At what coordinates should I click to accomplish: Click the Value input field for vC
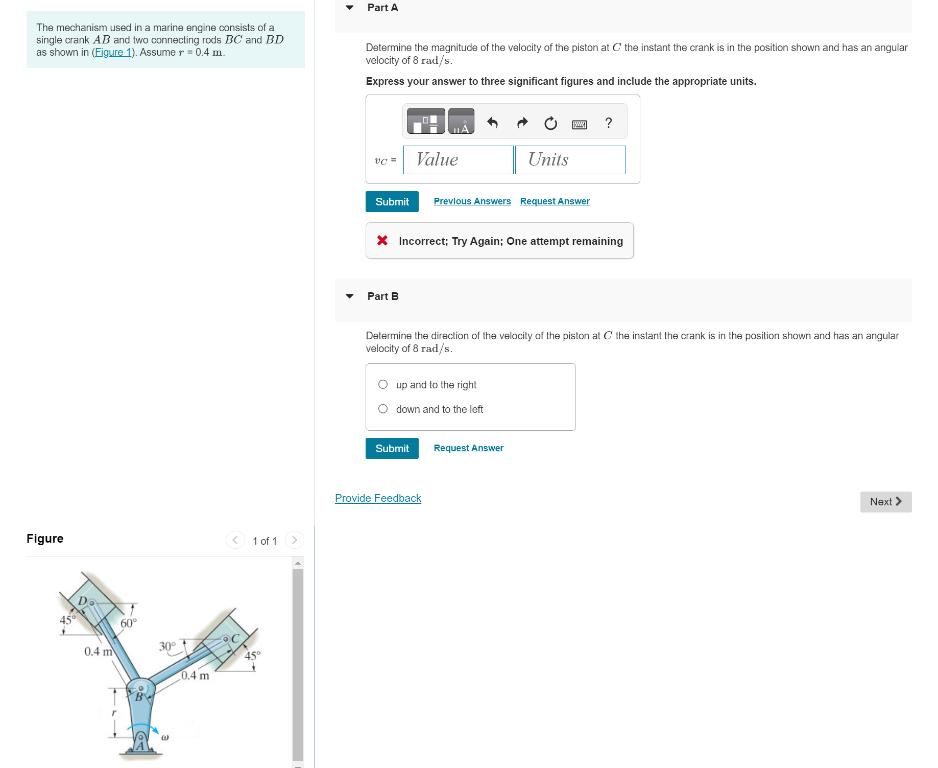point(458,160)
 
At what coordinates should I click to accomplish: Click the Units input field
point(570,160)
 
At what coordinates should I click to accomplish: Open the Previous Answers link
point(472,201)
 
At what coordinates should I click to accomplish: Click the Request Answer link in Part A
point(555,201)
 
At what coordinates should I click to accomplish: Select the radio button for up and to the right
point(383,384)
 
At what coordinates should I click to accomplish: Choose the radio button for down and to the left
point(383,409)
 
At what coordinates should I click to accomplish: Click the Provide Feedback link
point(378,498)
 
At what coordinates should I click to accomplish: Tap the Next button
point(885,502)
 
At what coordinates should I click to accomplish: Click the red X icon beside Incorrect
point(382,240)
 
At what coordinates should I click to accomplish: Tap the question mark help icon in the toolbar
point(608,123)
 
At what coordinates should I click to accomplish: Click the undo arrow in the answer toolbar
point(492,123)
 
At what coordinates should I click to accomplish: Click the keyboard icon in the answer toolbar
point(580,124)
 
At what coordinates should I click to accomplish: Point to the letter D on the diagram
point(82,601)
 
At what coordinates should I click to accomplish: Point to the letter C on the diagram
point(235,639)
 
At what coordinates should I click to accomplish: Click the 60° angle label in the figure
point(129,623)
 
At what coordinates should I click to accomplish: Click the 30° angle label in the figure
point(167,646)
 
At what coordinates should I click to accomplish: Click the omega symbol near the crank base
point(165,737)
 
